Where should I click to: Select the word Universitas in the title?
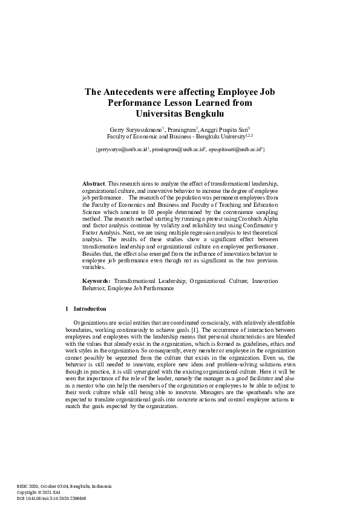pyautogui.click(x=154, y=113)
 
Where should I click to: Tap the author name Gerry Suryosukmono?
pyautogui.click(x=134, y=129)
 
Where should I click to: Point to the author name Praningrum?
pyautogui.click(x=183, y=129)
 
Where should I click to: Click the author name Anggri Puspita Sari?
pyautogui.click(x=227, y=129)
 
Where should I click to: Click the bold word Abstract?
pyautogui.click(x=93, y=183)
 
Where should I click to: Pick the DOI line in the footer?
pyautogui.click(x=51, y=498)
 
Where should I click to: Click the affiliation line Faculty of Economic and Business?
pyautogui.click(x=180, y=137)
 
